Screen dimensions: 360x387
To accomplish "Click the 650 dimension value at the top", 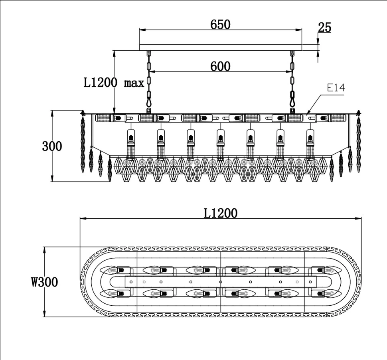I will (x=220, y=24).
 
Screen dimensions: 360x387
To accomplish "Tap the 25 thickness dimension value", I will (x=325, y=28).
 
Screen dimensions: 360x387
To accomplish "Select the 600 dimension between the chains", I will (x=220, y=66).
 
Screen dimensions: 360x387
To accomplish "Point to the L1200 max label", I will (x=114, y=83).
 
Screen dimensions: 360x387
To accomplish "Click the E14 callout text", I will (x=336, y=88).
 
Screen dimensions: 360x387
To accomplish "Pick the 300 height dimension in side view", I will (x=52, y=146).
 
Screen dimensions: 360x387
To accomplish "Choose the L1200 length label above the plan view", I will (x=220, y=213).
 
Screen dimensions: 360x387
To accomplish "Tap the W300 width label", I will (x=44, y=282).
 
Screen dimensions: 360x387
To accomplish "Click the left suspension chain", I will (x=149, y=82).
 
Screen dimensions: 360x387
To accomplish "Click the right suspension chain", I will (x=292, y=82).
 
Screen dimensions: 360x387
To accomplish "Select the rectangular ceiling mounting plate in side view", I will (x=220, y=47).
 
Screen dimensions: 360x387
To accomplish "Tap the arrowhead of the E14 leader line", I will (x=307, y=115).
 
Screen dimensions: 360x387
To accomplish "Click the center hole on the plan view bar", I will (x=221, y=282).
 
